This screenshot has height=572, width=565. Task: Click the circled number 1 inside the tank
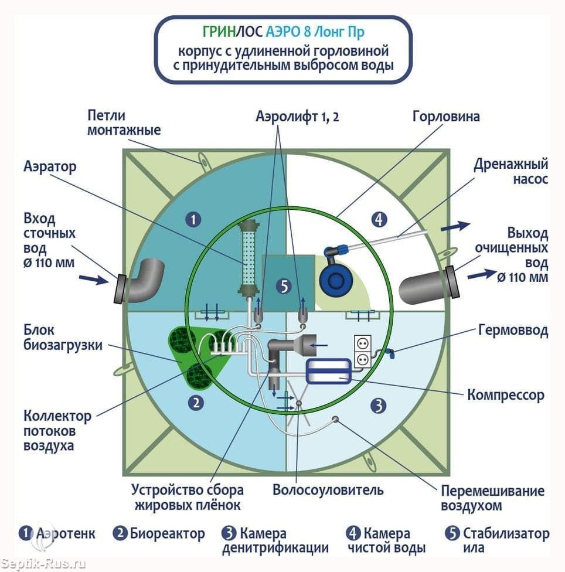point(193,220)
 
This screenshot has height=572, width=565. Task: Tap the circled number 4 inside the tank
point(379,220)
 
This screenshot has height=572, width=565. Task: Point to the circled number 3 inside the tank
point(379,405)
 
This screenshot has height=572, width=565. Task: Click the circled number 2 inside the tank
point(195,403)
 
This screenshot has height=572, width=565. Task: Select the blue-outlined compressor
point(328,370)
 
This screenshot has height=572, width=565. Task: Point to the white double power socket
point(362,350)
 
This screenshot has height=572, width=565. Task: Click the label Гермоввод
point(513,331)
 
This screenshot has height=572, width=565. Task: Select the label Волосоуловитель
point(328,489)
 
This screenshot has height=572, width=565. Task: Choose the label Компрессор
point(505,394)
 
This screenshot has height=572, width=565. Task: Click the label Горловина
point(445,116)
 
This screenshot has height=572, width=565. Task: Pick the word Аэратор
point(50,167)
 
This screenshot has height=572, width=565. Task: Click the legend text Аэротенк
point(66,534)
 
